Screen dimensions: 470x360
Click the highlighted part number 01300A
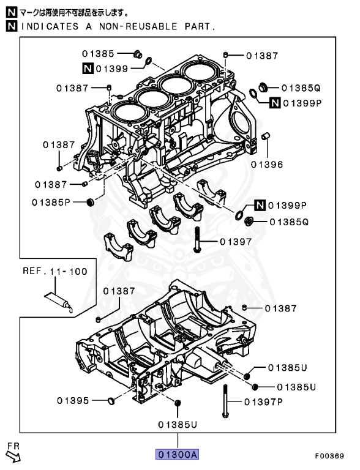click(178, 455)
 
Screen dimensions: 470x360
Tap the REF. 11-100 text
click(55, 270)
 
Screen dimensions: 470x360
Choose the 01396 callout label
click(267, 164)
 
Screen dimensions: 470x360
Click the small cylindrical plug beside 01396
click(266, 135)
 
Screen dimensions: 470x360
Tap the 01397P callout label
click(263, 402)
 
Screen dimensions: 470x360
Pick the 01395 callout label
click(74, 401)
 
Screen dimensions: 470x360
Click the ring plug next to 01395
click(111, 401)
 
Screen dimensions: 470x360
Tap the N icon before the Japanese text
click(11, 12)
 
